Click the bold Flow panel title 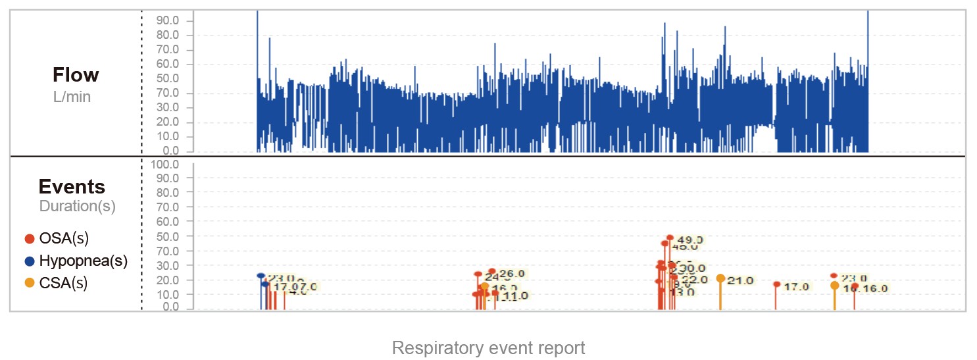(x=76, y=75)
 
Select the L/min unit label (x=72, y=97)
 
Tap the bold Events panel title (x=72, y=186)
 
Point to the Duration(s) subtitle (x=78, y=206)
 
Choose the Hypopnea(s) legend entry (x=83, y=261)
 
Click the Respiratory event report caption (x=488, y=347)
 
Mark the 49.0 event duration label (x=690, y=240)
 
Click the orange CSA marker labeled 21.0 (x=720, y=278)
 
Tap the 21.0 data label (x=740, y=281)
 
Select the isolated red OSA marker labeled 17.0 (x=776, y=285)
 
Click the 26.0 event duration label (x=511, y=274)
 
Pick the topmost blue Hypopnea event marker (x=261, y=276)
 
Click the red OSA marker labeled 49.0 (x=670, y=238)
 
